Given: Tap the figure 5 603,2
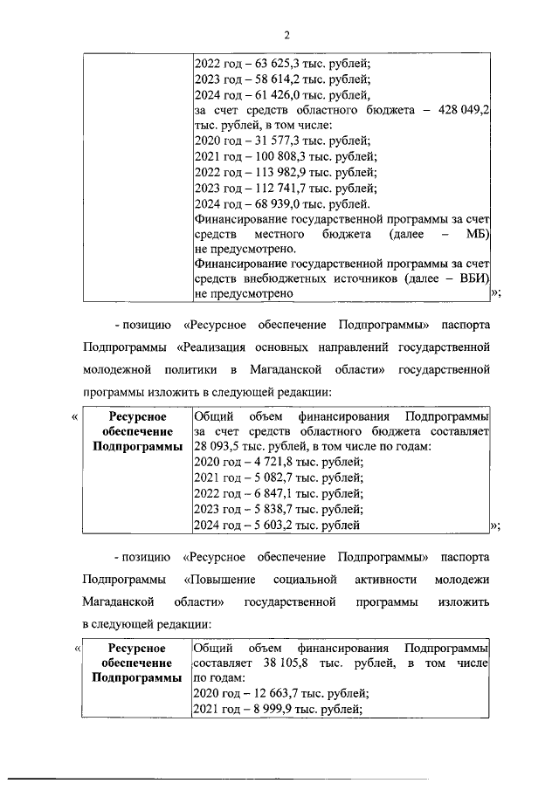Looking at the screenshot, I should pos(262,525).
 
